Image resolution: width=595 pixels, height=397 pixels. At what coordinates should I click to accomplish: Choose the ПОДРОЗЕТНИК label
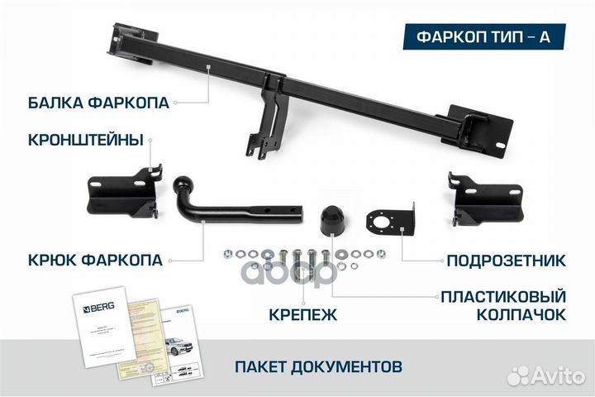click(506, 261)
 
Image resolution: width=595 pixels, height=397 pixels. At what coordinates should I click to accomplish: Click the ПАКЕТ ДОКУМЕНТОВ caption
click(318, 365)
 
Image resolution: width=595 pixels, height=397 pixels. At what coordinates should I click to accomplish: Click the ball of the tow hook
click(183, 183)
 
